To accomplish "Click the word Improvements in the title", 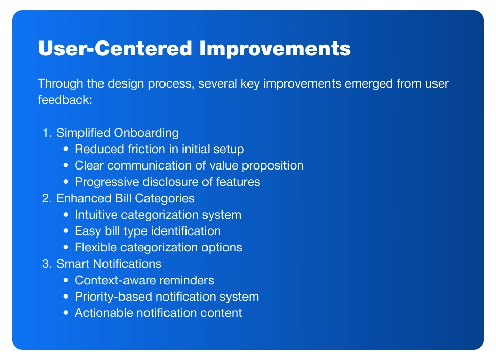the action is click(x=275, y=49).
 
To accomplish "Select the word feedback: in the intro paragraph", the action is click(x=65, y=100).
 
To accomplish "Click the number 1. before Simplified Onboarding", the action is click(x=47, y=133).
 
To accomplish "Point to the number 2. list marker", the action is click(x=47, y=198).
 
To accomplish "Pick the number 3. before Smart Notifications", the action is click(x=47, y=264).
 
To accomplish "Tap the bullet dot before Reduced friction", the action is click(x=66, y=149).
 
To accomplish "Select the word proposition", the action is click(x=273, y=166).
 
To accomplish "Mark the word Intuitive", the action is click(x=96, y=215).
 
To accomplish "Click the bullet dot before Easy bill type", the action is click(x=66, y=231).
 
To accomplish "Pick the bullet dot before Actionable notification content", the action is click(x=66, y=313).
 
